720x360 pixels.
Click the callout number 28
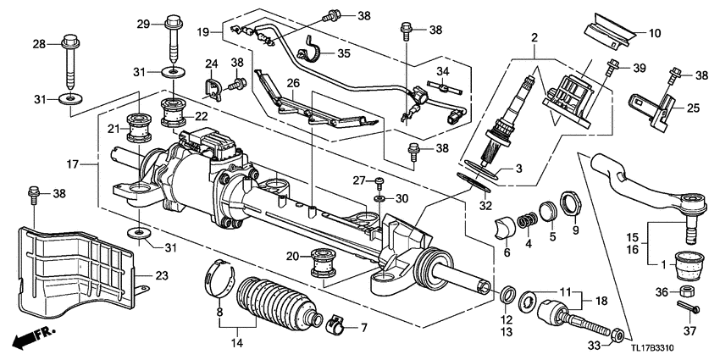coord(39,43)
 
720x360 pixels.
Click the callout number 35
coord(343,53)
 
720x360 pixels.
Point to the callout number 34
coord(444,70)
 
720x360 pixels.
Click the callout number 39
coord(639,67)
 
